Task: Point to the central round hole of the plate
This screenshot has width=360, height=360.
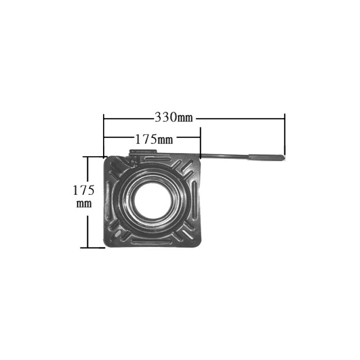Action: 152,201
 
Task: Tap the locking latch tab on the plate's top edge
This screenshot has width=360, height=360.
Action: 143,154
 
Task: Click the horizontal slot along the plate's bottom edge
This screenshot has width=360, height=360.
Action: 152,242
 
